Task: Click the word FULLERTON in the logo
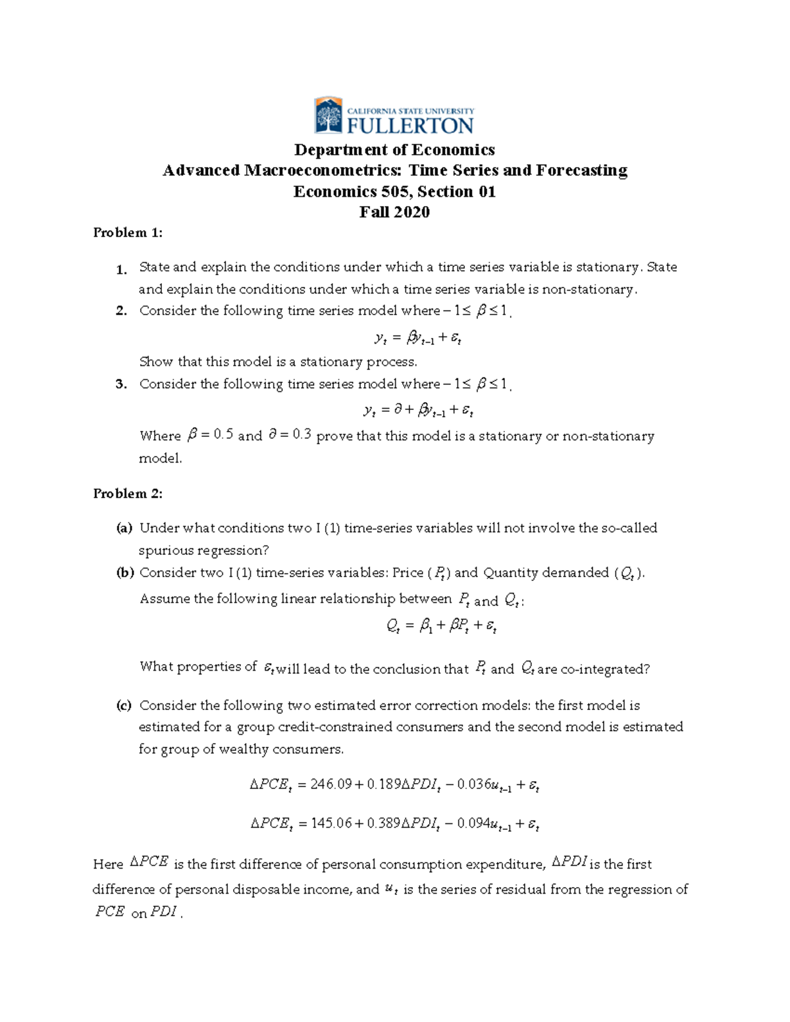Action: pyautogui.click(x=410, y=125)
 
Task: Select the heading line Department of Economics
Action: pyautogui.click(x=394, y=150)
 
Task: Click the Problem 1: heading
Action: pyautogui.click(x=128, y=232)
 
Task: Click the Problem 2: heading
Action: pyautogui.click(x=128, y=494)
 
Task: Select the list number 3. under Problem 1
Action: pyautogui.click(x=121, y=384)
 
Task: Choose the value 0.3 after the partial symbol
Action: pyautogui.click(x=302, y=435)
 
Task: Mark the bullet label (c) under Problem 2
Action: pyautogui.click(x=124, y=705)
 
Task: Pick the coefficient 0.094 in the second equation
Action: pyautogui.click(x=473, y=823)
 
